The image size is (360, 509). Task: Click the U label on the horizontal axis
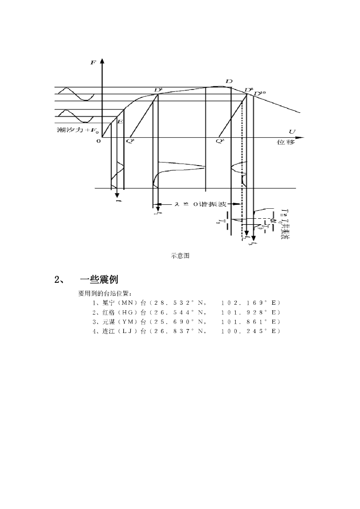click(x=292, y=131)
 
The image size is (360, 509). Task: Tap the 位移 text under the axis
click(x=286, y=142)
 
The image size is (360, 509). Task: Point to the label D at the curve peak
click(x=229, y=81)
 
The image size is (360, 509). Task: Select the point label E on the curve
click(x=120, y=121)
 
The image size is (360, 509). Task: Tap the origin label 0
click(x=98, y=141)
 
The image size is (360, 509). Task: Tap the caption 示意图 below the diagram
click(x=180, y=256)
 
